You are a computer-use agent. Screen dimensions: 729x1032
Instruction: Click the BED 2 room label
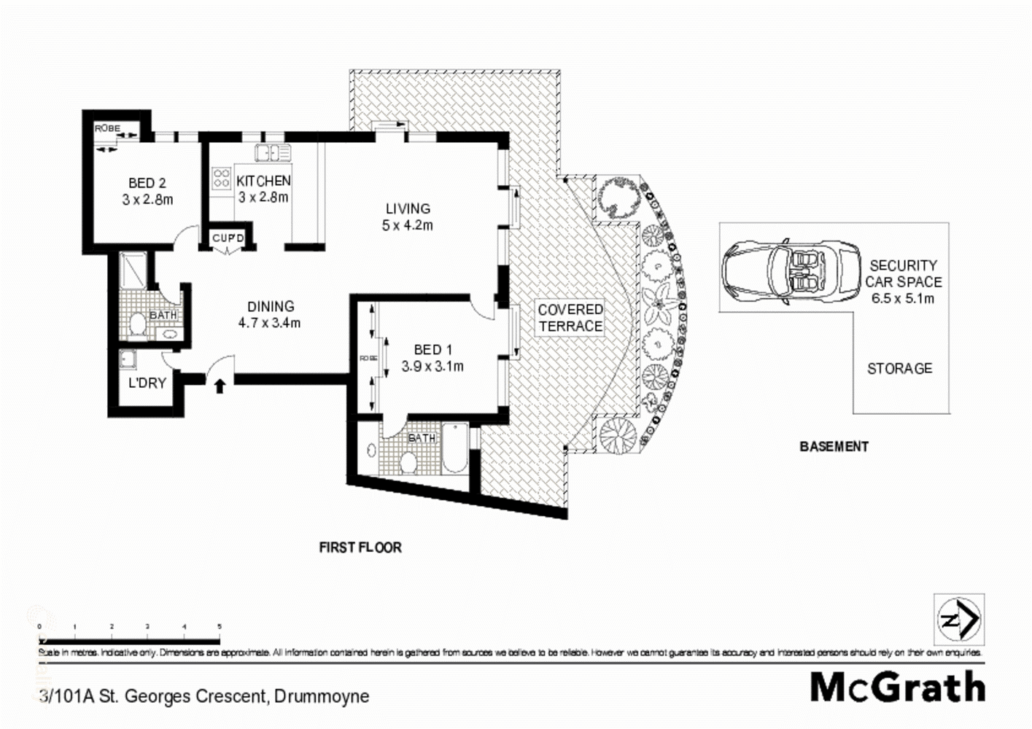(x=147, y=191)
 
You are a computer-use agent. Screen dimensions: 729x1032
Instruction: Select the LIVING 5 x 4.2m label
(x=408, y=217)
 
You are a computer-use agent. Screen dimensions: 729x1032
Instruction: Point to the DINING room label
(x=270, y=314)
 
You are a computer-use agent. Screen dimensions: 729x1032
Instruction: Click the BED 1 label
(x=432, y=358)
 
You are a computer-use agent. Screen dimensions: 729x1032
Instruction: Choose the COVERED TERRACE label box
(x=570, y=318)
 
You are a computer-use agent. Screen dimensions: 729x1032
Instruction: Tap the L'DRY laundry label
(x=147, y=383)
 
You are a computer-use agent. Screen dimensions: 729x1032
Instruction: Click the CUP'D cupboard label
(x=228, y=238)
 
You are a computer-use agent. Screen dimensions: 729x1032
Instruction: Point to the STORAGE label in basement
(x=899, y=368)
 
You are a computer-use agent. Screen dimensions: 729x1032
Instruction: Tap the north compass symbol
(x=958, y=620)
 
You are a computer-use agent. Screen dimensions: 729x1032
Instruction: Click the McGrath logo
(x=897, y=687)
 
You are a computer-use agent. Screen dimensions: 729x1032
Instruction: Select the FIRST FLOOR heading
(x=360, y=547)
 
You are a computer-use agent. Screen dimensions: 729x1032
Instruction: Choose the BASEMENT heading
(x=834, y=446)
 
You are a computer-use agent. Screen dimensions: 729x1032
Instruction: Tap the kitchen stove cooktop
(x=222, y=179)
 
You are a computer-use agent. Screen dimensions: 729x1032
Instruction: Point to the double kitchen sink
(x=273, y=152)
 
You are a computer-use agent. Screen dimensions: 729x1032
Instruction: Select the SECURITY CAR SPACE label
(x=903, y=281)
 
